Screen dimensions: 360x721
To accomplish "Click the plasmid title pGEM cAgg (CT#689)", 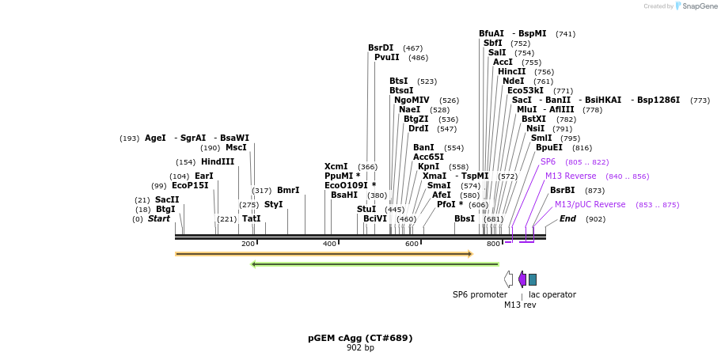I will coord(360,338).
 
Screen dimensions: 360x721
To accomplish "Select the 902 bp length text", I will coord(360,348).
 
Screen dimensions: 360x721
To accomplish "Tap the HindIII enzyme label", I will coord(218,162).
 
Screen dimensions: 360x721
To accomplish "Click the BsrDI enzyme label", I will coord(381,48).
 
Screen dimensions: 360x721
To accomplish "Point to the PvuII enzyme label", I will coord(386,58).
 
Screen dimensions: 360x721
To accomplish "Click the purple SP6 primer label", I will coord(548,161).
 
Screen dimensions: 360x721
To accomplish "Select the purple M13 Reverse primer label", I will coord(571,176).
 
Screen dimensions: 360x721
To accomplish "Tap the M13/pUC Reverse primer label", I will coord(590,205).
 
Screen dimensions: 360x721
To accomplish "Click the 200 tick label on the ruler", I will coord(248,244).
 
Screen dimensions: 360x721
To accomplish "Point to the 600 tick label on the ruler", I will coord(412,244).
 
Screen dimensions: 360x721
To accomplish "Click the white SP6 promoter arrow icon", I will coord(508,279).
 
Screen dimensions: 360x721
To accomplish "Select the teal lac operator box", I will coord(533,279).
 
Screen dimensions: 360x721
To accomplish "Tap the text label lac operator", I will coord(552,295).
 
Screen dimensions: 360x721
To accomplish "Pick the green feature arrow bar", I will coord(374,264).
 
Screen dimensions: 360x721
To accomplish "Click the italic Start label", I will coord(159,219).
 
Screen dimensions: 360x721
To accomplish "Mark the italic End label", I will coord(567,219).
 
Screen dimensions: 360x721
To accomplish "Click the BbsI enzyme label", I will coord(465,219).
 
